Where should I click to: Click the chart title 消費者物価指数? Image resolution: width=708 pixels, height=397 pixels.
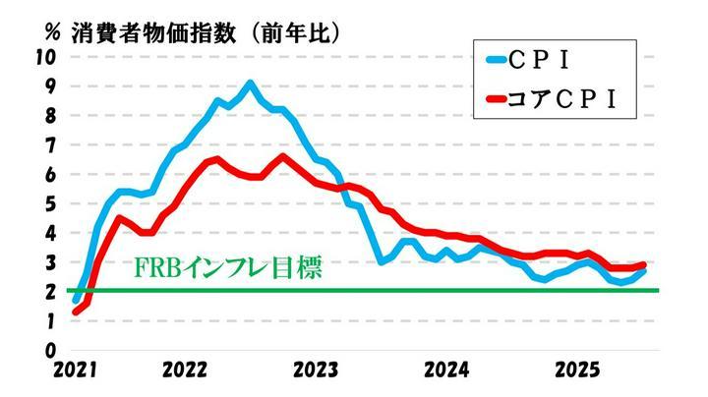(x=155, y=31)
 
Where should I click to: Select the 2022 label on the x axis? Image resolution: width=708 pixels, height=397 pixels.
(x=184, y=372)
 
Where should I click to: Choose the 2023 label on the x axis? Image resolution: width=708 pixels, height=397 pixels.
(x=316, y=372)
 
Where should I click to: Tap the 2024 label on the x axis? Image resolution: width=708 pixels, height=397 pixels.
(x=446, y=372)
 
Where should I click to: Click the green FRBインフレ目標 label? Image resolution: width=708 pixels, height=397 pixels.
(x=227, y=268)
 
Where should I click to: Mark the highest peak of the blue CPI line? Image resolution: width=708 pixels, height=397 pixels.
(x=250, y=84)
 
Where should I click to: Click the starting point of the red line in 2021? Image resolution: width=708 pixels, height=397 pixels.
(x=76, y=312)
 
